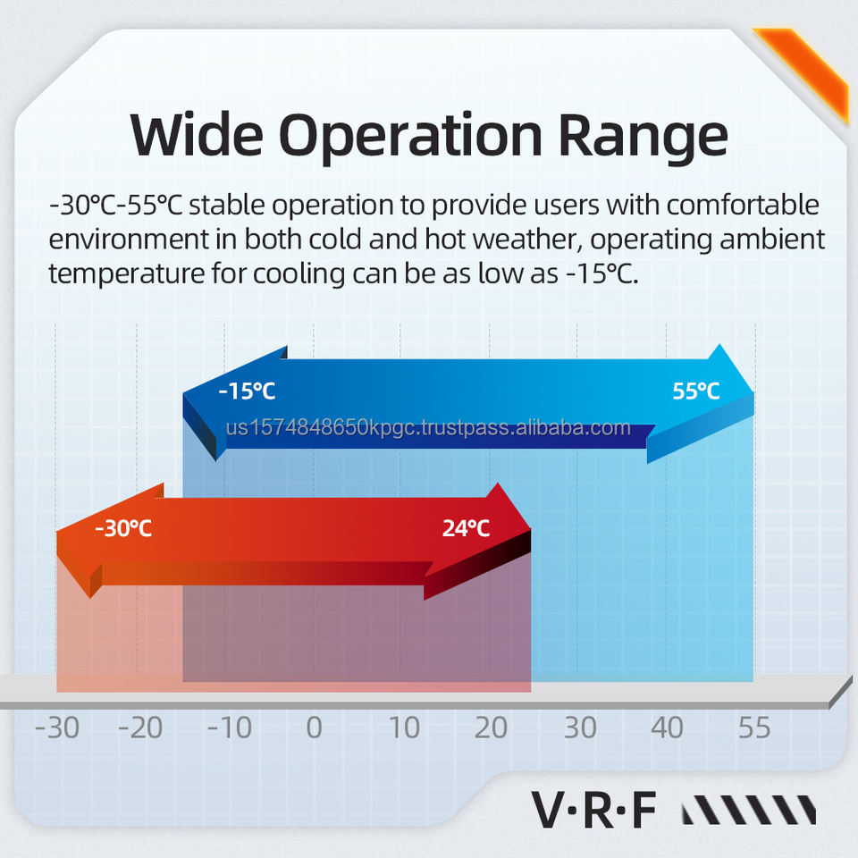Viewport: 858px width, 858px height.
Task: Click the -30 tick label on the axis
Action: click(56, 728)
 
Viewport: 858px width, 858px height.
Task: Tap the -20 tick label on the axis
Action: click(140, 728)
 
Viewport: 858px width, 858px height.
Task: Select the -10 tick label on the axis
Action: click(230, 728)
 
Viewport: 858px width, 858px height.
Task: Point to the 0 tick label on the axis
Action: click(314, 728)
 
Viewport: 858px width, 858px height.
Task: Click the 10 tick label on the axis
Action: click(404, 728)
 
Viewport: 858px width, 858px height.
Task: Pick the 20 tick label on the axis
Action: click(491, 728)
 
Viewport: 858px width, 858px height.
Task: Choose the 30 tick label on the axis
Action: click(579, 728)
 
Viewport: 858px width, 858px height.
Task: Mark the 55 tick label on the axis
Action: click(754, 728)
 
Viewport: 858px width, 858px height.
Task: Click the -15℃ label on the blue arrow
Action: click(247, 391)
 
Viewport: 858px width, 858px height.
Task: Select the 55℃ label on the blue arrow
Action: click(695, 391)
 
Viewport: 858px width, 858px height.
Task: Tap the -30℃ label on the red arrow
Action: click(123, 528)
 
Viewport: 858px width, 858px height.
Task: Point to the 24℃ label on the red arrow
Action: click(466, 528)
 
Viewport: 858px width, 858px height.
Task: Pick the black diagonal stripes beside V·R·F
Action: click(749, 811)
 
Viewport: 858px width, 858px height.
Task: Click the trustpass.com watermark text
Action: click(429, 427)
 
